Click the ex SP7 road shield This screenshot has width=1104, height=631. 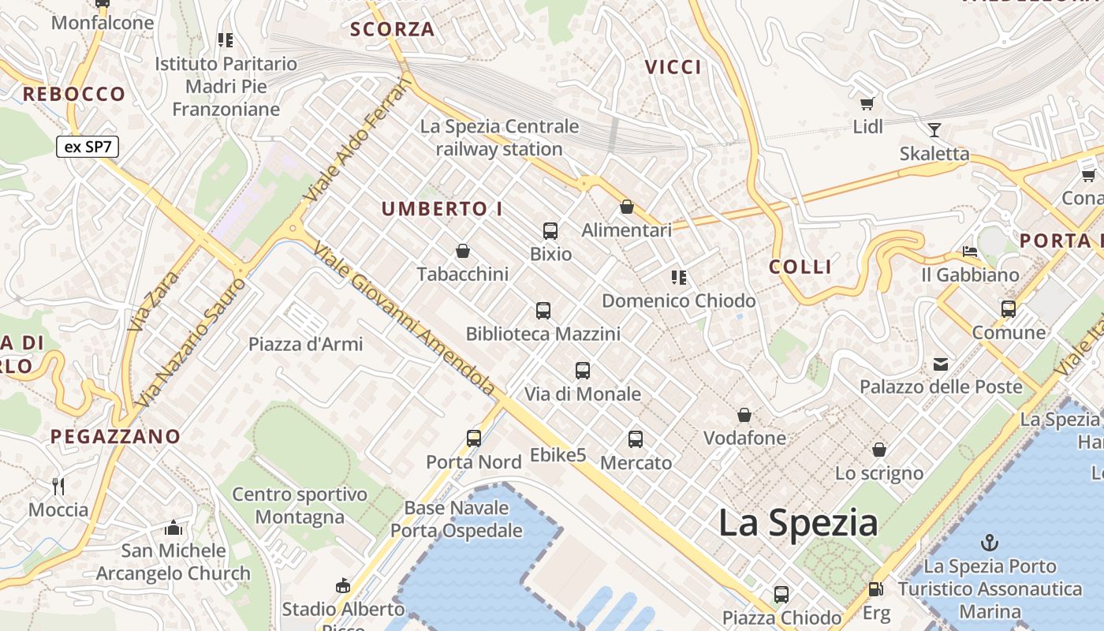[88, 147]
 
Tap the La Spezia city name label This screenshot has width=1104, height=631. [798, 523]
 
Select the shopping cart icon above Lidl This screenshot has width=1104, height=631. [867, 103]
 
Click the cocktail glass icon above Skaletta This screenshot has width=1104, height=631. [934, 130]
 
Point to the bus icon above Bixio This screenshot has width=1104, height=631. [550, 231]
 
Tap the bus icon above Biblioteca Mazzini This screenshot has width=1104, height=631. [543, 311]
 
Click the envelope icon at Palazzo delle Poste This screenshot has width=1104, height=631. [941, 364]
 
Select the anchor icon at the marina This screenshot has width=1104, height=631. [990, 543]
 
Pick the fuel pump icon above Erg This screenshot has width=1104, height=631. [875, 589]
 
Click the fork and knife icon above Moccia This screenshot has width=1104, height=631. [58, 486]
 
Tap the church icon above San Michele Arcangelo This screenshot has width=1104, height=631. [173, 527]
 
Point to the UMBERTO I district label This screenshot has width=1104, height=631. [442, 209]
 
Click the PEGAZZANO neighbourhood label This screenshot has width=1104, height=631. [116, 436]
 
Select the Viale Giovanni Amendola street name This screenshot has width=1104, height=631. [404, 319]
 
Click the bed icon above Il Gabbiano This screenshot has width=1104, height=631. [970, 252]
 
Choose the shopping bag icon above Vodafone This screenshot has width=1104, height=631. [744, 415]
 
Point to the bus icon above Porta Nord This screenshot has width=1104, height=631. [474, 439]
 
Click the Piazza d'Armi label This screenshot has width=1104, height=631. [306, 344]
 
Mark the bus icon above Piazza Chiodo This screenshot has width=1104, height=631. [781, 594]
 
